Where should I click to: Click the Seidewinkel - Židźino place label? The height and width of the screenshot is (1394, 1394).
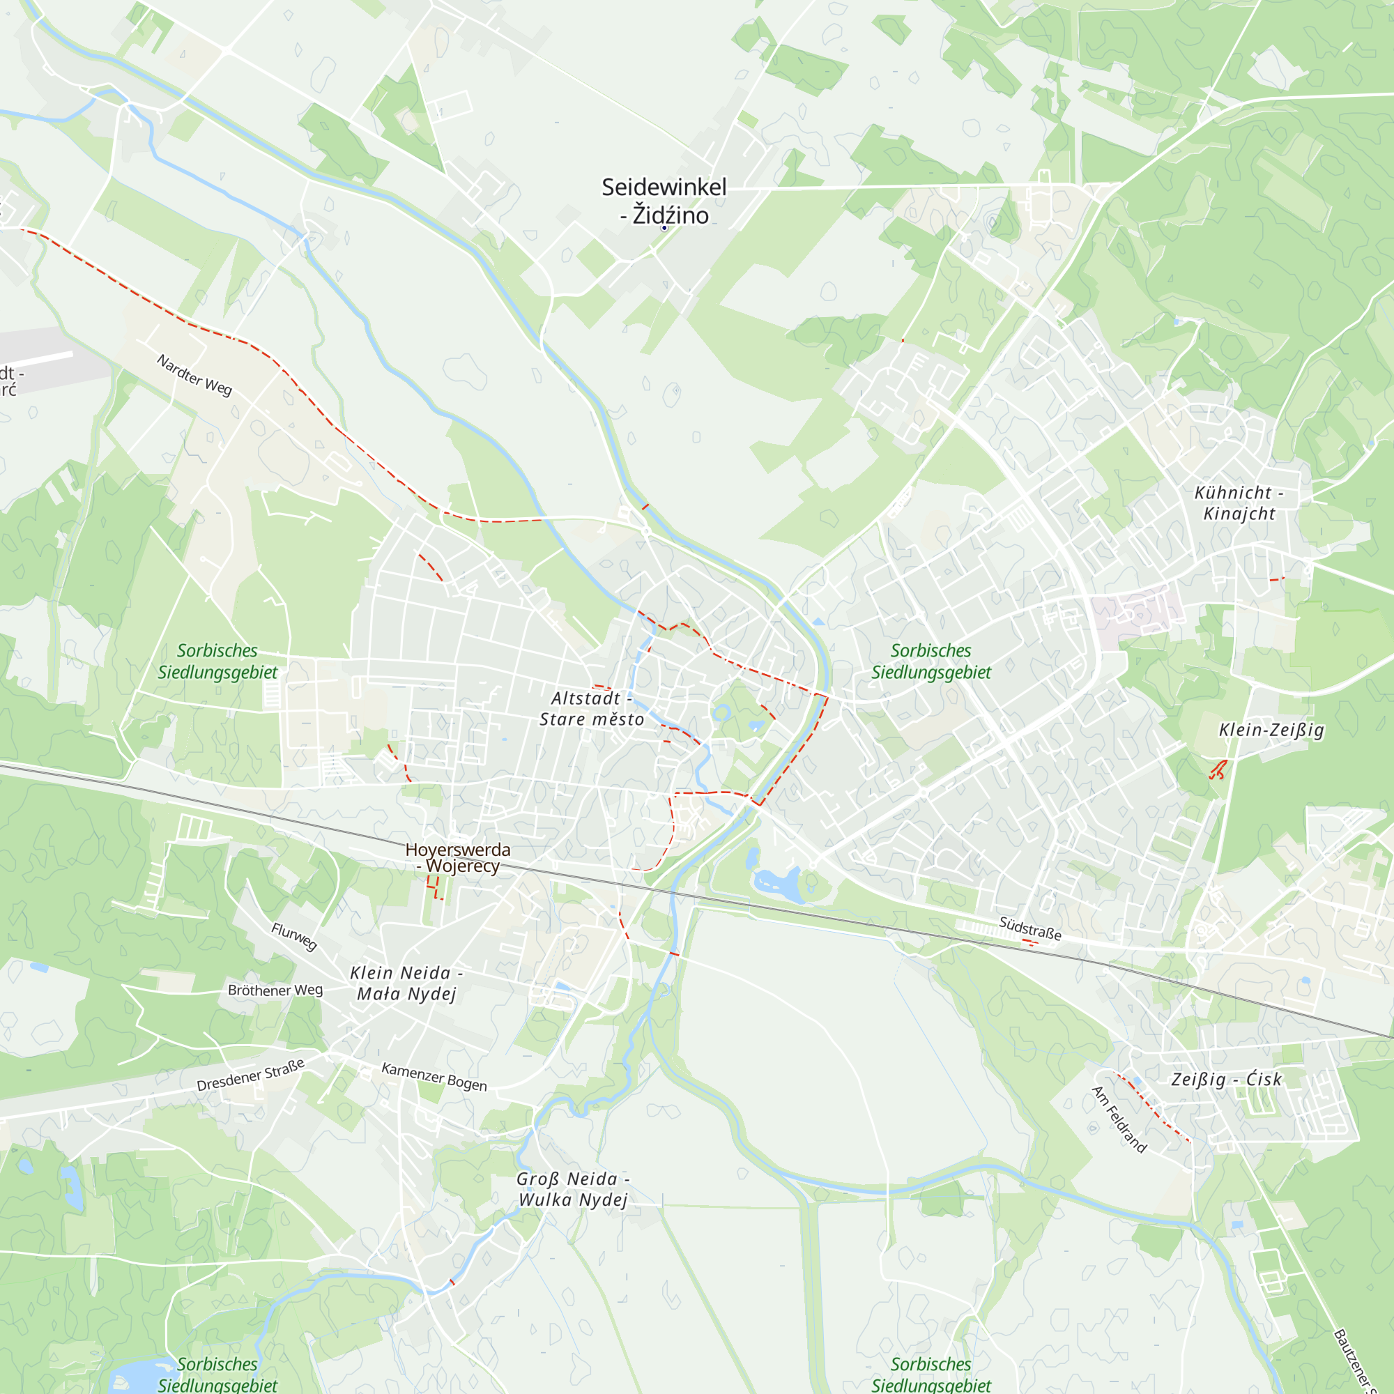click(664, 201)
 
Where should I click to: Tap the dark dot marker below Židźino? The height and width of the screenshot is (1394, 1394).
click(664, 228)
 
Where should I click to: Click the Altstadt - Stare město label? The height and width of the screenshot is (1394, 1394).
click(592, 709)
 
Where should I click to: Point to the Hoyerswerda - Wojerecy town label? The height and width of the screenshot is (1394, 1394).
click(457, 858)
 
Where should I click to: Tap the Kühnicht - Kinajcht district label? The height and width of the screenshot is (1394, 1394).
click(1239, 503)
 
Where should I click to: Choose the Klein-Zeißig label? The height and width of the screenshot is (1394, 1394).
click(1271, 730)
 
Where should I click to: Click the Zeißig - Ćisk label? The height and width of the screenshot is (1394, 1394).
click(1226, 1080)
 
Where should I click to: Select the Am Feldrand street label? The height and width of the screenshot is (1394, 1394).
click(1119, 1119)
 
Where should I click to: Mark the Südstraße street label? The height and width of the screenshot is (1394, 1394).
click(1029, 928)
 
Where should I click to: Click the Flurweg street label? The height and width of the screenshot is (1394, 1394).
click(294, 937)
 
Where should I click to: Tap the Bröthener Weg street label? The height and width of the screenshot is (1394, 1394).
click(275, 990)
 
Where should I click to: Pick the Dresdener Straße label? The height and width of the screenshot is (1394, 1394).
click(250, 1075)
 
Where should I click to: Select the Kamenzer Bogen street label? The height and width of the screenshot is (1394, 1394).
click(434, 1077)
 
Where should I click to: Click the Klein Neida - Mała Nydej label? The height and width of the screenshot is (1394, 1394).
click(406, 983)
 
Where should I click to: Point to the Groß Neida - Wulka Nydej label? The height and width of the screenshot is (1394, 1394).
click(573, 1189)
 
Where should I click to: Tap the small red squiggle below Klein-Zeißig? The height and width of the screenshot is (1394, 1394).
click(1218, 770)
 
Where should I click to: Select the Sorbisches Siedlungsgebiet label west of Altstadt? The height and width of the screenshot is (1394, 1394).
click(217, 661)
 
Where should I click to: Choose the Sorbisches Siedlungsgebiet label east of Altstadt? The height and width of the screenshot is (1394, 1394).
click(930, 661)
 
